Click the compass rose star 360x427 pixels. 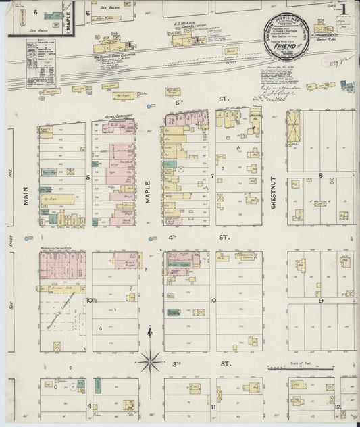pos(149,360)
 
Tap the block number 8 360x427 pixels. pos(322,175)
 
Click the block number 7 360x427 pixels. pos(211,177)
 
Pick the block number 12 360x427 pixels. pos(336,407)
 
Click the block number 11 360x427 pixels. pos(212,407)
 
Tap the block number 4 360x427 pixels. pos(88,407)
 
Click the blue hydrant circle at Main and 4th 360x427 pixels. pos(28,238)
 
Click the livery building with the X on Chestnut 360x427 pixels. pos(293,127)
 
